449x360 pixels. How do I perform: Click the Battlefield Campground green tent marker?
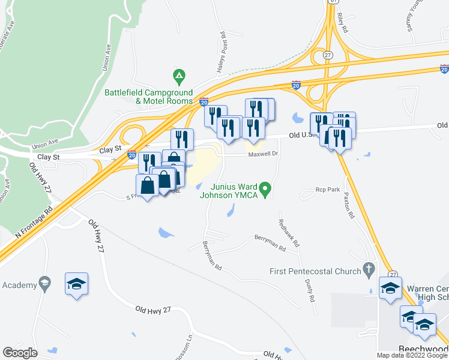(178, 77)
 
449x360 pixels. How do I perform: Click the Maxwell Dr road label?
(264, 154)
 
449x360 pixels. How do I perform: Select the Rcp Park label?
(328, 190)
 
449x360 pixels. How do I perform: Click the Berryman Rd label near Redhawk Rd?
(270, 242)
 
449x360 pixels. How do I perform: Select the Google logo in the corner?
(19, 353)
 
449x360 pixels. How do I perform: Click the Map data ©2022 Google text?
(412, 355)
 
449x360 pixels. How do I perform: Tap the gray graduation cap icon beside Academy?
(44, 282)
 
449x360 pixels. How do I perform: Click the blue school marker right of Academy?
(77, 283)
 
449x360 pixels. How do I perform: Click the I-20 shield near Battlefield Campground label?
(203, 101)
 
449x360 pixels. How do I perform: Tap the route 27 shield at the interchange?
(327, 55)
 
